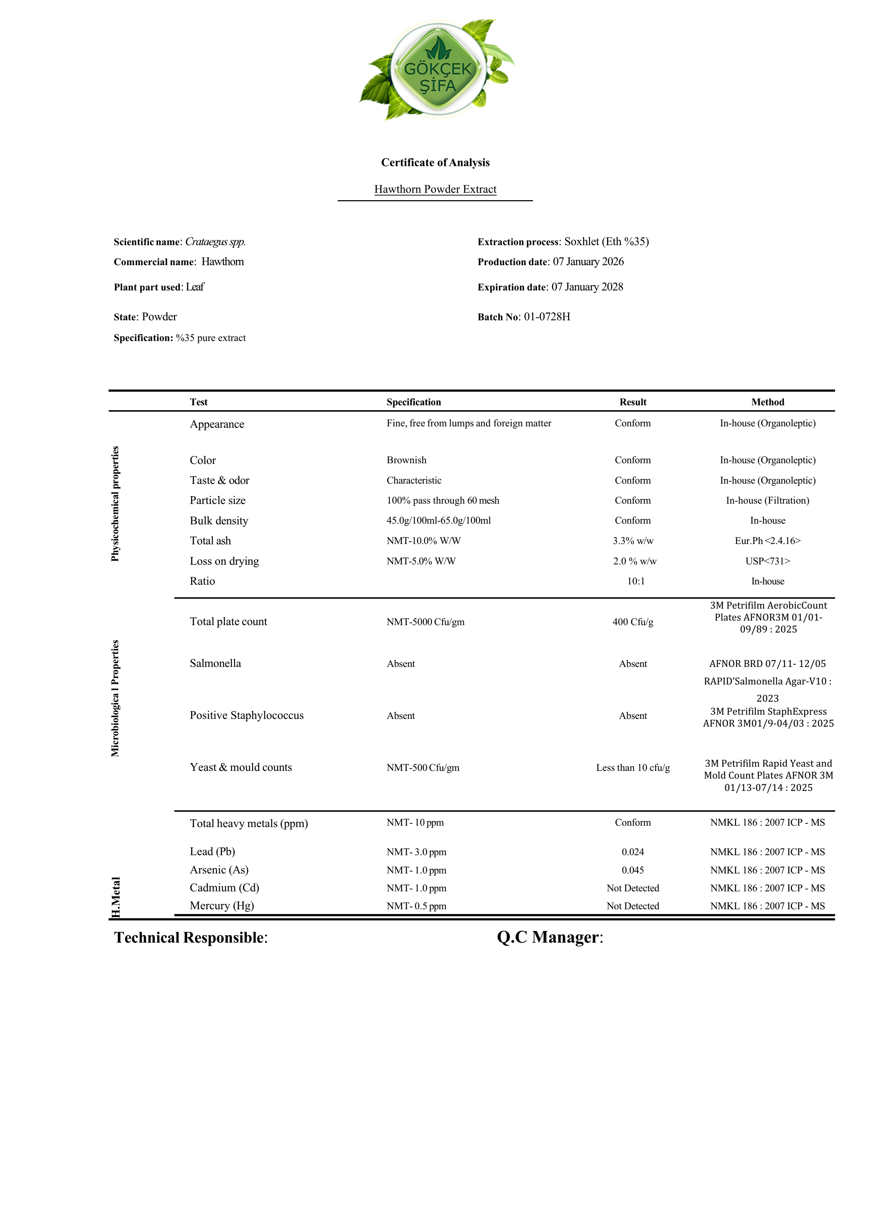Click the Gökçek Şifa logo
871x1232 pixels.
[437, 70]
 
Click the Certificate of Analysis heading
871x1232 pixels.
[435, 163]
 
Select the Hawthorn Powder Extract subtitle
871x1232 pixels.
[435, 189]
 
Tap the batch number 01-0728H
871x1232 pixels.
[547, 317]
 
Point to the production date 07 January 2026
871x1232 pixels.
[588, 262]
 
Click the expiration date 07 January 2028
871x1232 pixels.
[587, 287]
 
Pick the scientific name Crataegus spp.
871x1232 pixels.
[215, 242]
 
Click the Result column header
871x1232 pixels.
[633, 402]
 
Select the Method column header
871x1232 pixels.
[767, 402]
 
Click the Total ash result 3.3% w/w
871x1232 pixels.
[633, 541]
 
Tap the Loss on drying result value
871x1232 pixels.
[634, 561]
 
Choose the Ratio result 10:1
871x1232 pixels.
[635, 581]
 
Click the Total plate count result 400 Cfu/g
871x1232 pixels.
[633, 622]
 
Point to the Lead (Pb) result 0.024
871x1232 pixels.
[633, 852]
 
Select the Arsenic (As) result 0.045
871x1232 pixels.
[633, 870]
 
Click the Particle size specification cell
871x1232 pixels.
[442, 501]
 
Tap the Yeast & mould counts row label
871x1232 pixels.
[241, 767]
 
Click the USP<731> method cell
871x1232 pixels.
[767, 561]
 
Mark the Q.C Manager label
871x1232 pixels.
[550, 937]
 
